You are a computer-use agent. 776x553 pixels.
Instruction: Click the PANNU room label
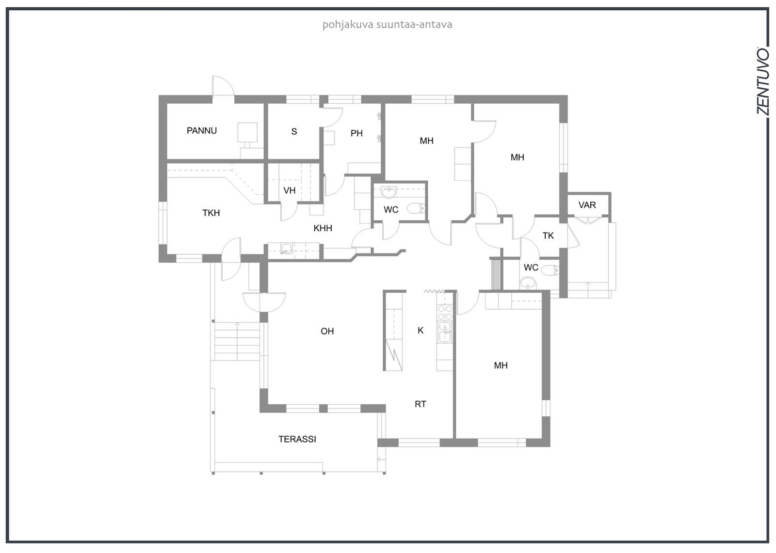[202, 130]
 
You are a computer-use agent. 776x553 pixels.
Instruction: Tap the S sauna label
[294, 131]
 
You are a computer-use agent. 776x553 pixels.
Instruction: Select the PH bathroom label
[356, 133]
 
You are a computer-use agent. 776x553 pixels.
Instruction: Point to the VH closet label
[289, 190]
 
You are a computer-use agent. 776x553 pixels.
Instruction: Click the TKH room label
[211, 213]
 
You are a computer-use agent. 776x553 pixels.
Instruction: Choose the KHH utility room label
[323, 228]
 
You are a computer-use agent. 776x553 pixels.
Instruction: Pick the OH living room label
[327, 332]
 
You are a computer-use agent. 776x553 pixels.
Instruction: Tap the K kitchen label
[420, 331]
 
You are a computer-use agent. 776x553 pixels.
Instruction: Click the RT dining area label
[420, 404]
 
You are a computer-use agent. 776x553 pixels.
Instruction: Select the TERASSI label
[297, 439]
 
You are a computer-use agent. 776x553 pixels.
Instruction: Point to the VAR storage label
[587, 205]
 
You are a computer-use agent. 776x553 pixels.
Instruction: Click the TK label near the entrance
[548, 236]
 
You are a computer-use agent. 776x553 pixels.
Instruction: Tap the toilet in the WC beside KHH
[416, 208]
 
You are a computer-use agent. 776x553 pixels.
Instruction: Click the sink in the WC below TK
[528, 283]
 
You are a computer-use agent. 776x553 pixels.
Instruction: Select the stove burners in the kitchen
[445, 312]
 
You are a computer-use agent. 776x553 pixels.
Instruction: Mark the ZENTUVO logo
[763, 85]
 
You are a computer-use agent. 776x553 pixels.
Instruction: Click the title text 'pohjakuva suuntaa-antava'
[388, 25]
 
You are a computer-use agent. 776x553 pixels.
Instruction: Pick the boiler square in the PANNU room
[247, 132]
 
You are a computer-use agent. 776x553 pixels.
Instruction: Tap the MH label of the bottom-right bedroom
[501, 365]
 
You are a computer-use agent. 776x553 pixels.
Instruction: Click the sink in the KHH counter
[287, 248]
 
